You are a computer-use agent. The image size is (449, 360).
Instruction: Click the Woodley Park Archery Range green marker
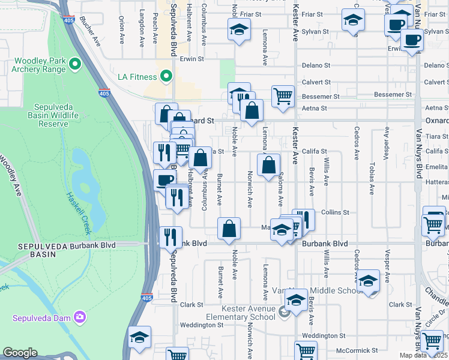75,63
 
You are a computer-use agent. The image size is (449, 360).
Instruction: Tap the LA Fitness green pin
166,77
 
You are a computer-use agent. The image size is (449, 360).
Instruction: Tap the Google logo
20,353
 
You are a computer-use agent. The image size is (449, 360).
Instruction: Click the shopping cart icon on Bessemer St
283,95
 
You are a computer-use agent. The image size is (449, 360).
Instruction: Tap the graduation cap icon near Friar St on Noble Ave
239,29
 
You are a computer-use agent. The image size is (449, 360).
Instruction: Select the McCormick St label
357,350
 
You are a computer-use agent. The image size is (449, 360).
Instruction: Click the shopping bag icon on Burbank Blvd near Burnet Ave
229,229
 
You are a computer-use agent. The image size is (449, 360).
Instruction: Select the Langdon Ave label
142,36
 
